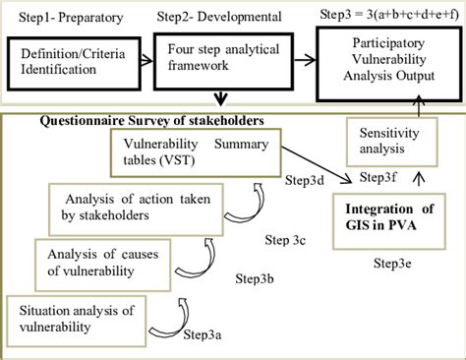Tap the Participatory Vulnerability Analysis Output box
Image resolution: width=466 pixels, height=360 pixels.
pyautogui.click(x=388, y=61)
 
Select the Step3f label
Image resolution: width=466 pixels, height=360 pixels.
pyautogui.click(x=379, y=178)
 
